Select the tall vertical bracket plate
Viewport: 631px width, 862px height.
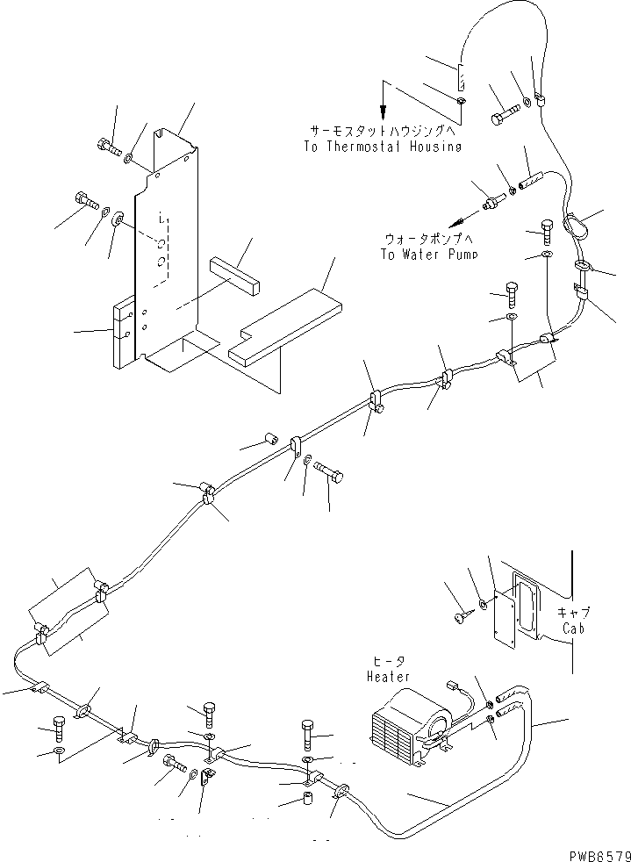pyautogui.click(x=167, y=246)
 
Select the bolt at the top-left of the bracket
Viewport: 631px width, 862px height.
pyautogui.click(x=105, y=147)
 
